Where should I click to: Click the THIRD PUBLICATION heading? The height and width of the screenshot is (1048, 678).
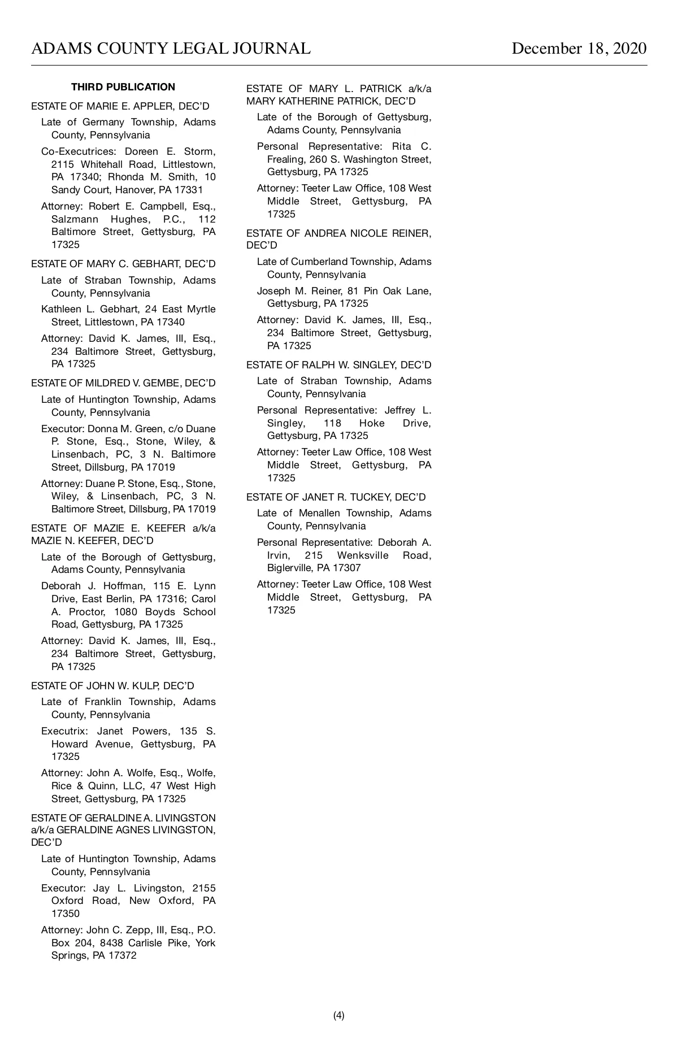tap(123, 87)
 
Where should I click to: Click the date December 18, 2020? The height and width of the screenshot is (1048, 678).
tap(579, 49)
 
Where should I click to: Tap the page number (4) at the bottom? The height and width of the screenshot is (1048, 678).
tap(338, 1015)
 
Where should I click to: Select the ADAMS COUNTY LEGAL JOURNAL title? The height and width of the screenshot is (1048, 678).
tap(171, 49)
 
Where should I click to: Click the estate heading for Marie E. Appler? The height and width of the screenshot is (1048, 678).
tap(120, 106)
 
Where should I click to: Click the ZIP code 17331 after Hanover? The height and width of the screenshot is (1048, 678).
tap(189, 190)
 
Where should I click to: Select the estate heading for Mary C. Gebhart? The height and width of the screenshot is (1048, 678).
tap(123, 264)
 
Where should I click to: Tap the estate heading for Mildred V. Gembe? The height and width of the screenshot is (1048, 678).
tap(123, 383)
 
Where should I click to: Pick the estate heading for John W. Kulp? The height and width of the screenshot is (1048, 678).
tap(112, 686)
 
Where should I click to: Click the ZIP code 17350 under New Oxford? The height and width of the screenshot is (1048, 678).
tap(66, 914)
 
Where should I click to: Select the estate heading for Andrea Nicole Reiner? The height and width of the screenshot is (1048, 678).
tap(338, 233)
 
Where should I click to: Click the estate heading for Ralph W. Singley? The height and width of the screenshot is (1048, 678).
tap(338, 365)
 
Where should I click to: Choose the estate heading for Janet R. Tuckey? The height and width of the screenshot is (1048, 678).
tap(336, 497)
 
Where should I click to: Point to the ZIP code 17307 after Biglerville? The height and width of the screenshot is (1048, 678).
tap(346, 568)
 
